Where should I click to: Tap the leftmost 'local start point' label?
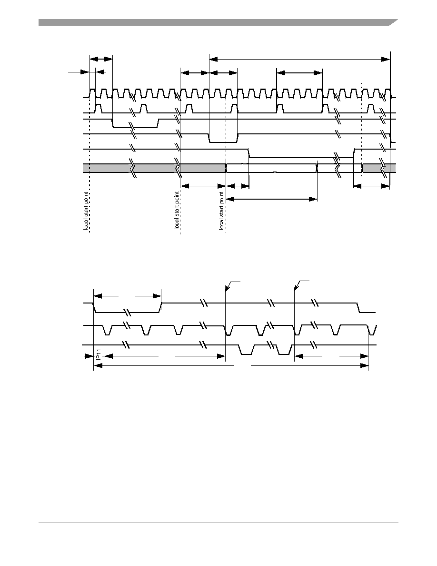point(86,211)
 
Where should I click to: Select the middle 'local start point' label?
point(177,211)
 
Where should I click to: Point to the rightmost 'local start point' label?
point(222,211)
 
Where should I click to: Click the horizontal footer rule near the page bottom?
point(218,523)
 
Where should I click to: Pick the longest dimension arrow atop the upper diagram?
point(299,59)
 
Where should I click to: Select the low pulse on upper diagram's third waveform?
point(135,127)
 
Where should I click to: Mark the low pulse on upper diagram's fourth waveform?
point(223,142)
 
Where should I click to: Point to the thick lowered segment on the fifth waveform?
point(301,157)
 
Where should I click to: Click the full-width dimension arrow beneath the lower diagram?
point(231,366)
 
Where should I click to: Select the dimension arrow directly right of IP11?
point(164,356)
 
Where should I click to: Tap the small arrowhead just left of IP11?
point(89,356)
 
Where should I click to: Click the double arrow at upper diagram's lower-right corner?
point(371,186)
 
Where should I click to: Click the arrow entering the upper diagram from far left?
point(79,72)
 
